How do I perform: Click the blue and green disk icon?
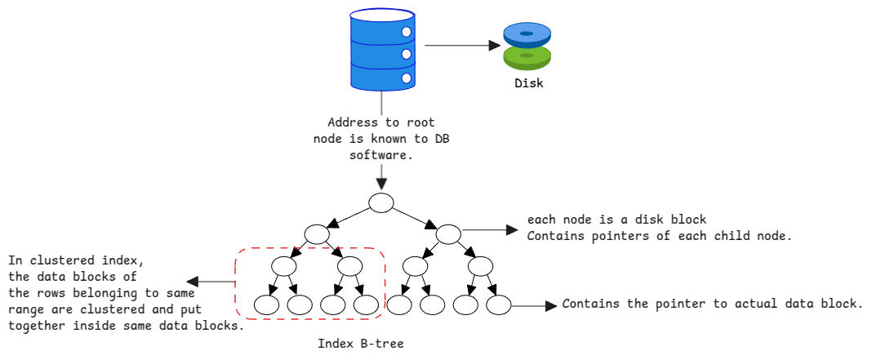[x=527, y=46]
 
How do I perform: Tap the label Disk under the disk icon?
[x=528, y=83]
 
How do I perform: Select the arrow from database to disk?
[x=462, y=46]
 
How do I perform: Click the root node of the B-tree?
[x=381, y=202]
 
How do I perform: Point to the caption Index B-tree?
[x=360, y=344]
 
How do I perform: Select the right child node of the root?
[x=448, y=235]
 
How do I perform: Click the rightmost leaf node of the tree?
[x=498, y=305]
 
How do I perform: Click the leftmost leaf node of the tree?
[x=267, y=305]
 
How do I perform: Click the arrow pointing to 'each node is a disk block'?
[x=490, y=231]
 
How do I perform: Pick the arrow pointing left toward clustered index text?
[x=210, y=282]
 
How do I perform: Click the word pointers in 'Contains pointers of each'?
[x=609, y=237]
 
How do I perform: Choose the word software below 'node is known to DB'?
[x=381, y=153]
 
